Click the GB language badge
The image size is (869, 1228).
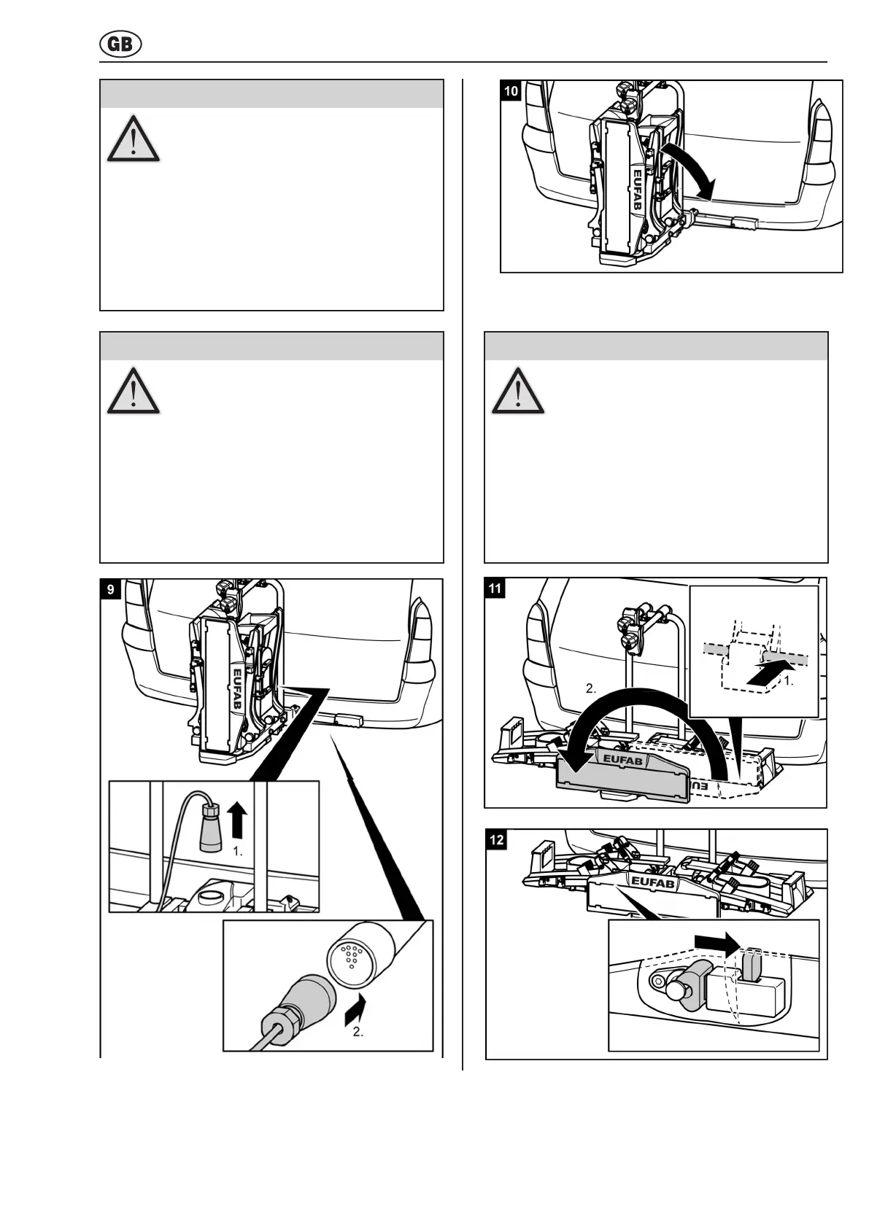click(x=120, y=45)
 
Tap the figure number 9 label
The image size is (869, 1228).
click(x=111, y=589)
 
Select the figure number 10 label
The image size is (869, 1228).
click(x=511, y=90)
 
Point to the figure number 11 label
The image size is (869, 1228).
click(x=496, y=588)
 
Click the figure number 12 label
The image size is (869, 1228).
click(x=497, y=839)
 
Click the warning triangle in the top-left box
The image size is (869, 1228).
click(x=134, y=139)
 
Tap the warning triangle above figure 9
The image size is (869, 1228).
click(x=134, y=392)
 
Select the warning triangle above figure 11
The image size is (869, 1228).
click(x=518, y=392)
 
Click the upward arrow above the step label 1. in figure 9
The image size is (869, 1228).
click(x=236, y=820)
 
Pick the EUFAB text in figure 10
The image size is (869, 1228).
click(x=637, y=191)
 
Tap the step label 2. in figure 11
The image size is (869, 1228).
click(x=591, y=688)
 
